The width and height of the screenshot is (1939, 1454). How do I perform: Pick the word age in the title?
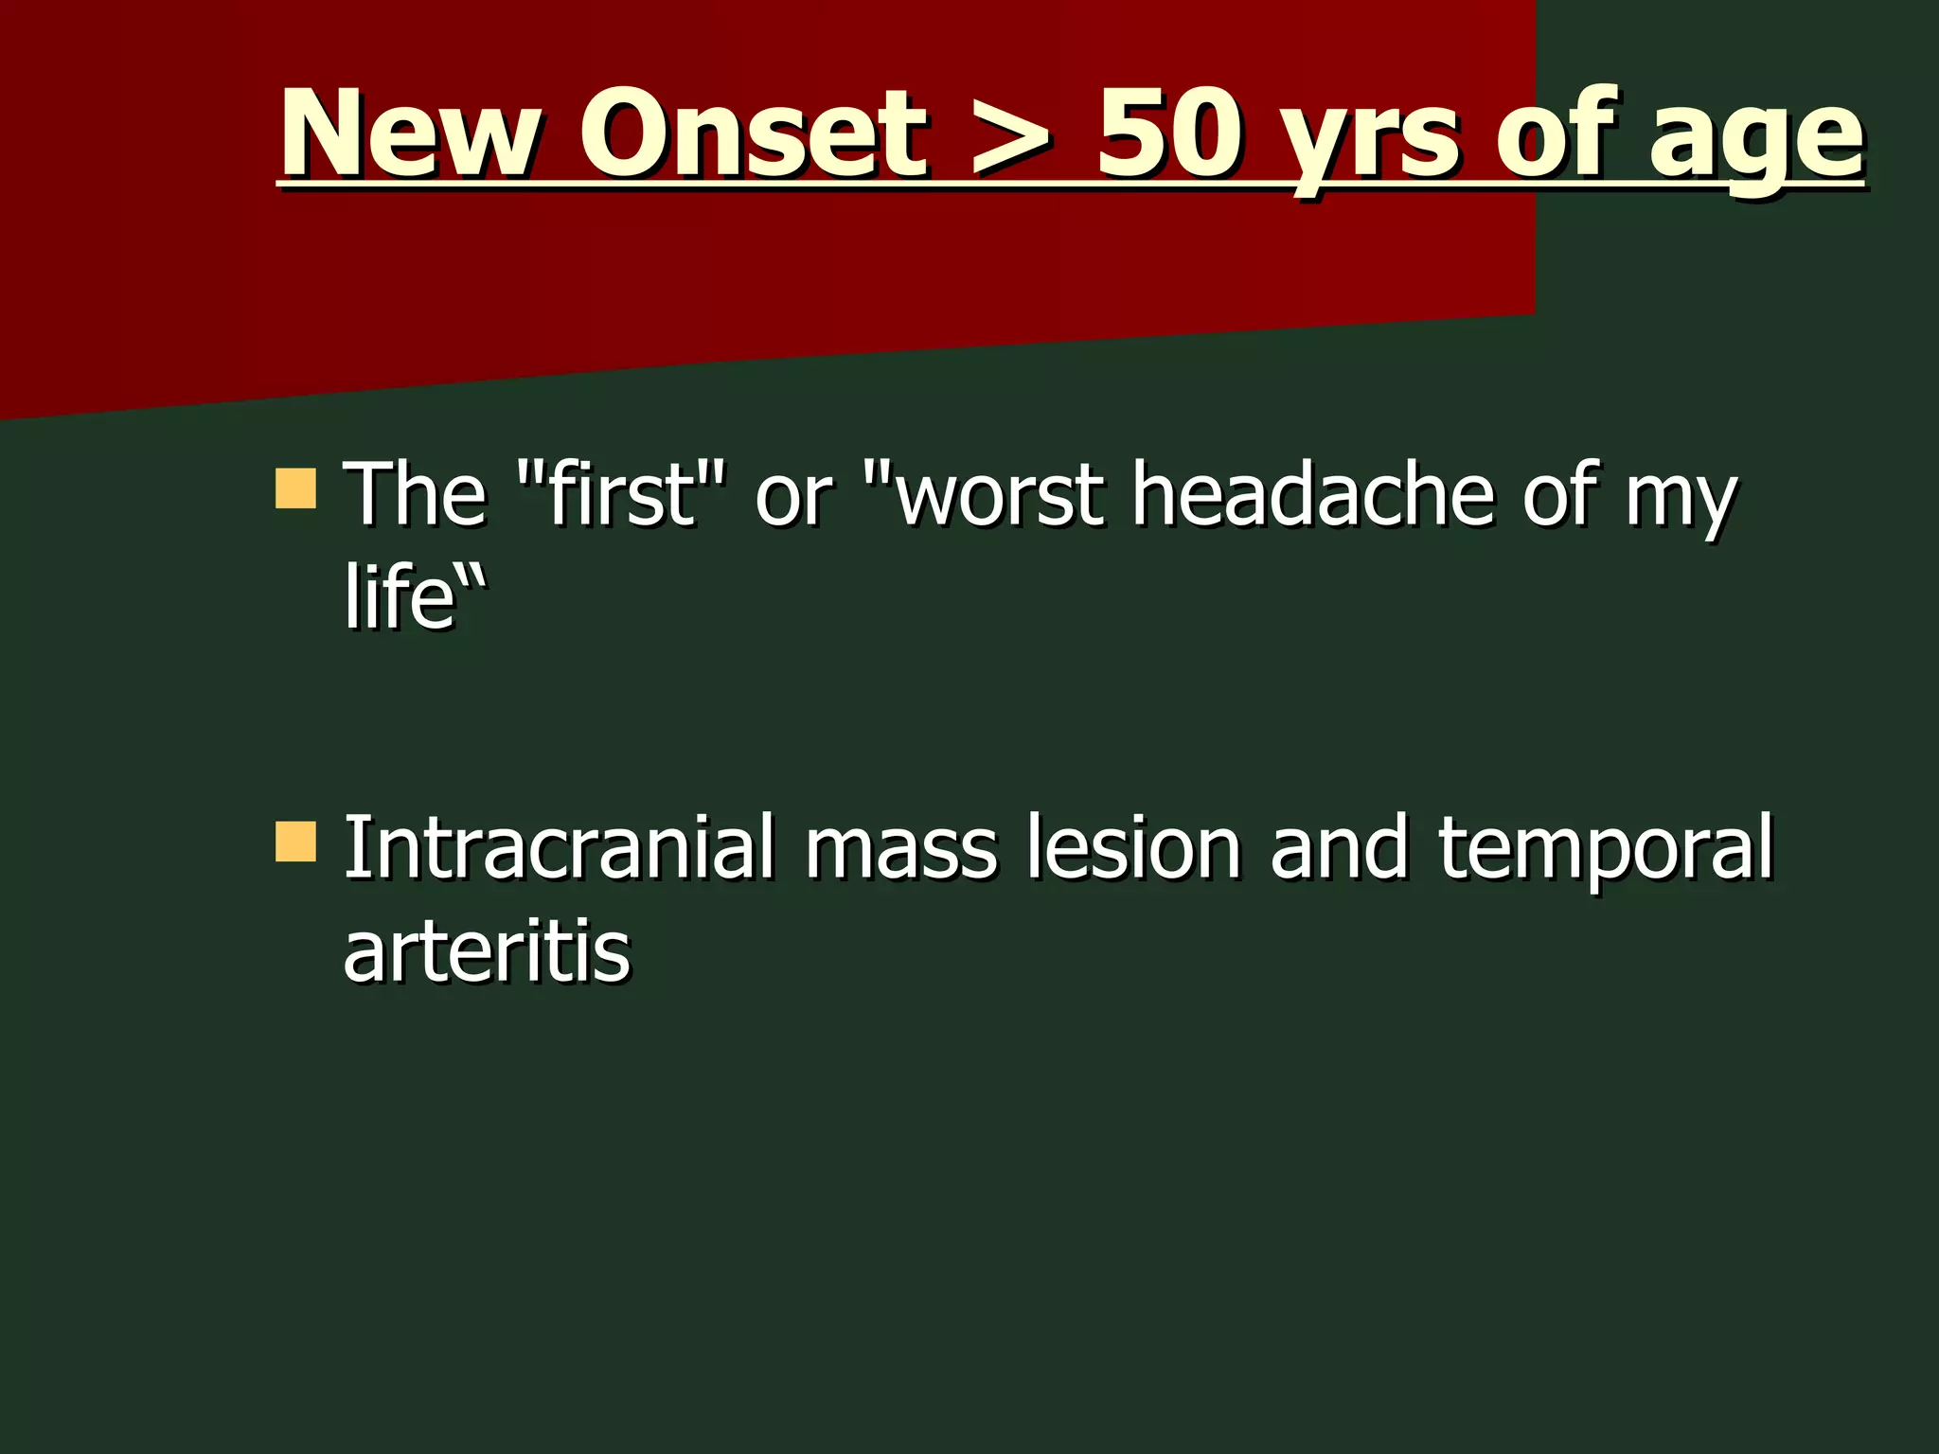tap(1756, 142)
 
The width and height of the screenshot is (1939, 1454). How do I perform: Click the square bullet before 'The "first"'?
tap(295, 488)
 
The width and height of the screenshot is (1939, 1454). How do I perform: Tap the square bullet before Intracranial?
tap(295, 842)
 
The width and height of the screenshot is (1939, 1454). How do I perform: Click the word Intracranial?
tap(559, 847)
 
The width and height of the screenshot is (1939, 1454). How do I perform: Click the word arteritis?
tap(486, 950)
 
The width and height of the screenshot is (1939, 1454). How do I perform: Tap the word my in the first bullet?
tap(1681, 502)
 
